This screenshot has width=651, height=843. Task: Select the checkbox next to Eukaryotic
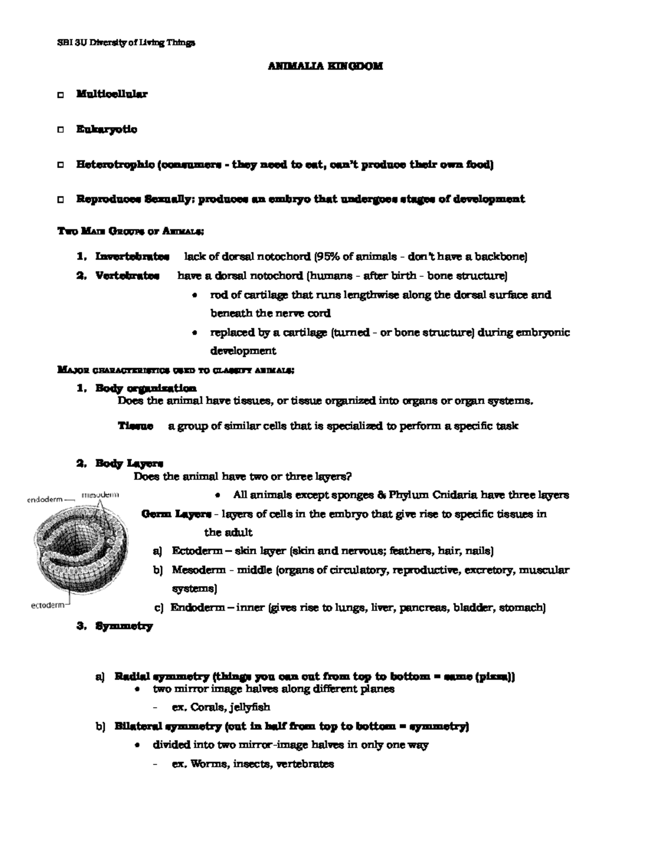(x=60, y=130)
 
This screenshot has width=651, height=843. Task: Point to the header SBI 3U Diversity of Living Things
(x=126, y=43)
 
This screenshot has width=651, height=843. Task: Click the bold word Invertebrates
(x=132, y=256)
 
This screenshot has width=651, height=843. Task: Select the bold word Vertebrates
(x=127, y=276)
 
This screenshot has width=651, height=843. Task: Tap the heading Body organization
(x=145, y=388)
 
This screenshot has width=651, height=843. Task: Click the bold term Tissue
(x=135, y=426)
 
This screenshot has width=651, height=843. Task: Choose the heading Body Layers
(x=129, y=464)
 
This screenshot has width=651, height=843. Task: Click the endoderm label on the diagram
(x=44, y=499)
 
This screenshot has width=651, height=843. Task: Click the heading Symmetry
(x=124, y=626)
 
